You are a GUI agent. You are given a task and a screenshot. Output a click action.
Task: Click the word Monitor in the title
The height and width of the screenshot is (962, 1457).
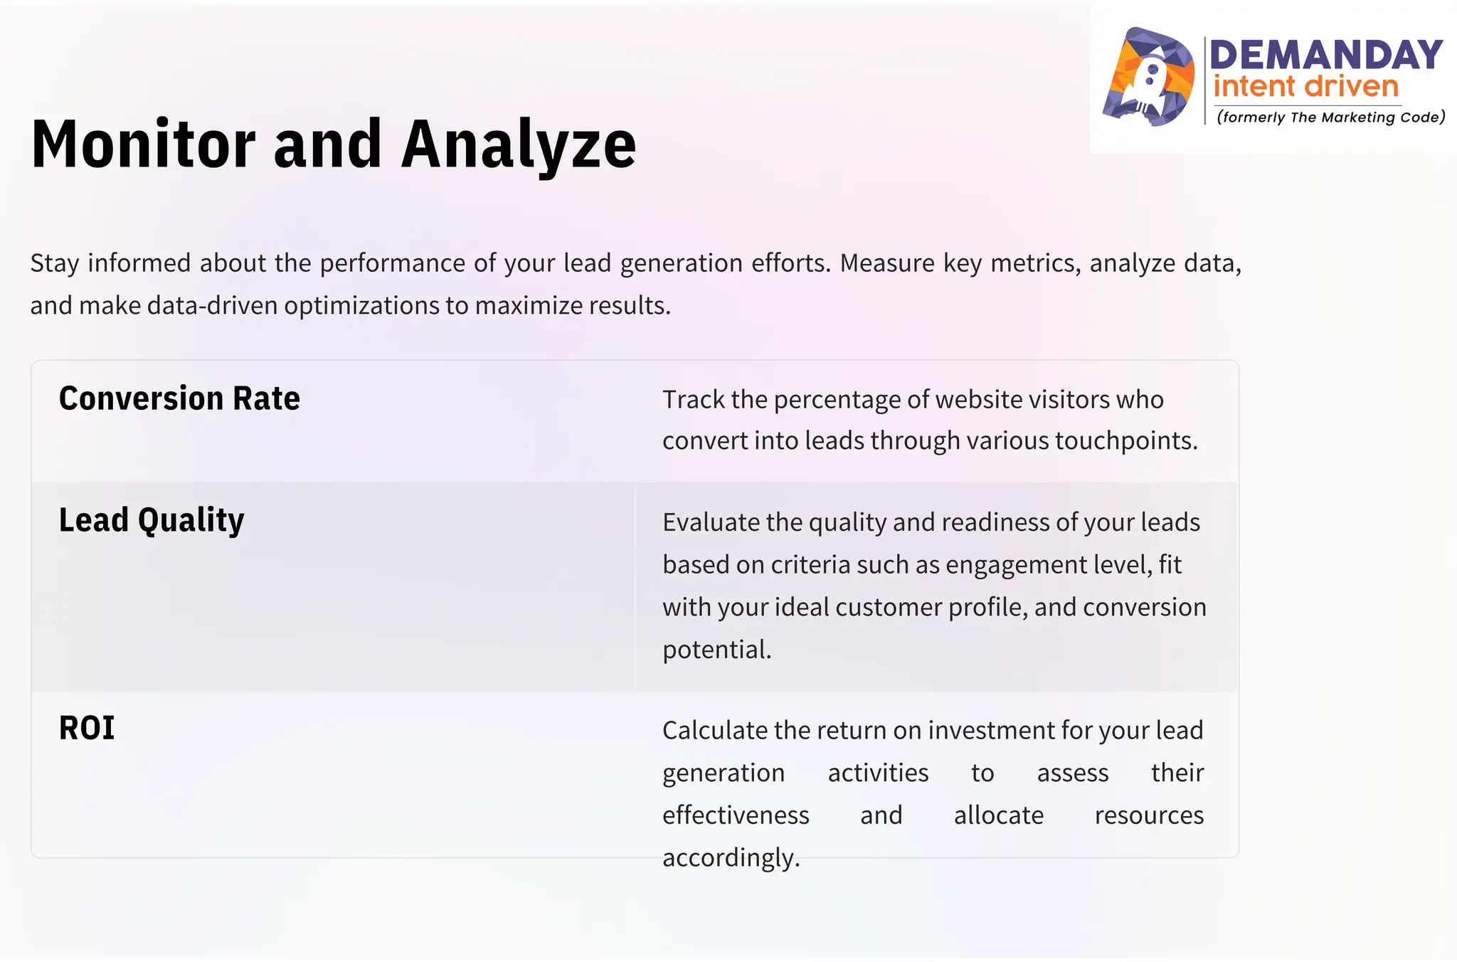(x=143, y=145)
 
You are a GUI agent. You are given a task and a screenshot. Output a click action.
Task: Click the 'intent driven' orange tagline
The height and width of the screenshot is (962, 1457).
(x=1305, y=88)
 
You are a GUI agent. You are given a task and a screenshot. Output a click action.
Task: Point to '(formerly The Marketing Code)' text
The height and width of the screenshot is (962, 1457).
(x=1330, y=117)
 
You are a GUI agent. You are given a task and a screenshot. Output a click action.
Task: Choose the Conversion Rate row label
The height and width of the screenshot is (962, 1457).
(x=179, y=398)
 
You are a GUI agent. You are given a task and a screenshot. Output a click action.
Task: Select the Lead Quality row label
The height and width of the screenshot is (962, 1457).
(x=152, y=521)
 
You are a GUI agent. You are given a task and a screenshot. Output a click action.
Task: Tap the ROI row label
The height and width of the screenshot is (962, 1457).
(x=87, y=729)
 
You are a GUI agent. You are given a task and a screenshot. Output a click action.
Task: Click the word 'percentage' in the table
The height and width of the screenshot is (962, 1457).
(x=839, y=400)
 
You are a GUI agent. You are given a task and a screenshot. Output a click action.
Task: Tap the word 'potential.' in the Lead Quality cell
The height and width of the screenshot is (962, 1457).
(x=716, y=650)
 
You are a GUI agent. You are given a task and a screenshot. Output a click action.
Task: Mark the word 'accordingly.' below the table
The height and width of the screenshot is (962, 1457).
(x=731, y=858)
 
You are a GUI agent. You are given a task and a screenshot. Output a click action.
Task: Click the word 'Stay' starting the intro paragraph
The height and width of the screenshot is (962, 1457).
(x=54, y=264)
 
